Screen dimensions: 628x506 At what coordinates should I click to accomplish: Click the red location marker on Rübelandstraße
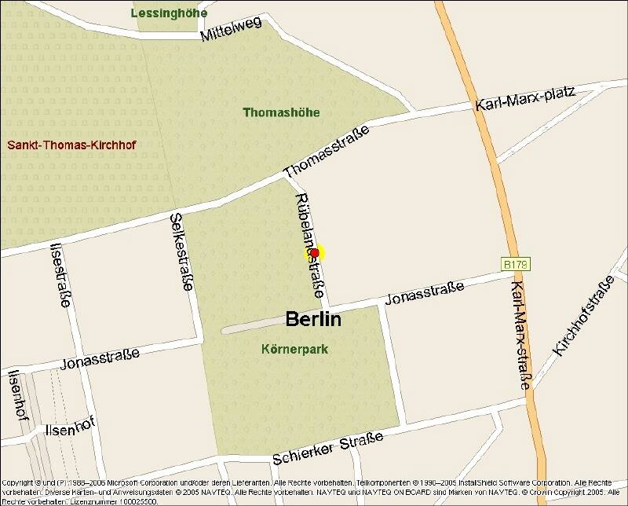pyautogui.click(x=314, y=252)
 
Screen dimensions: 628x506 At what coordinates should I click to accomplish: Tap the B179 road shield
pyautogui.click(x=516, y=265)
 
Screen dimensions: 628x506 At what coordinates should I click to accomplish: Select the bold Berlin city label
pyautogui.click(x=313, y=319)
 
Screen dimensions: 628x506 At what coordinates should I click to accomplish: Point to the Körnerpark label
pyautogui.click(x=294, y=349)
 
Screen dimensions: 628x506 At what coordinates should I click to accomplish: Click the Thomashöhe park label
pyautogui.click(x=281, y=112)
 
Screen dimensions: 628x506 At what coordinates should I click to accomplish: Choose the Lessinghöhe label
pyautogui.click(x=170, y=13)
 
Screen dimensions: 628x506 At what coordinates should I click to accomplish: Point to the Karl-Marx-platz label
pyautogui.click(x=525, y=98)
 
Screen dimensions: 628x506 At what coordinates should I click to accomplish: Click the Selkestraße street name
pyautogui.click(x=181, y=251)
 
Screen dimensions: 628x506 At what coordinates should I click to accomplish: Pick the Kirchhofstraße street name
pyautogui.click(x=582, y=317)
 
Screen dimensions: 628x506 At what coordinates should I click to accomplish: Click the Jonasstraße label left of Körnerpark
pyautogui.click(x=100, y=358)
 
